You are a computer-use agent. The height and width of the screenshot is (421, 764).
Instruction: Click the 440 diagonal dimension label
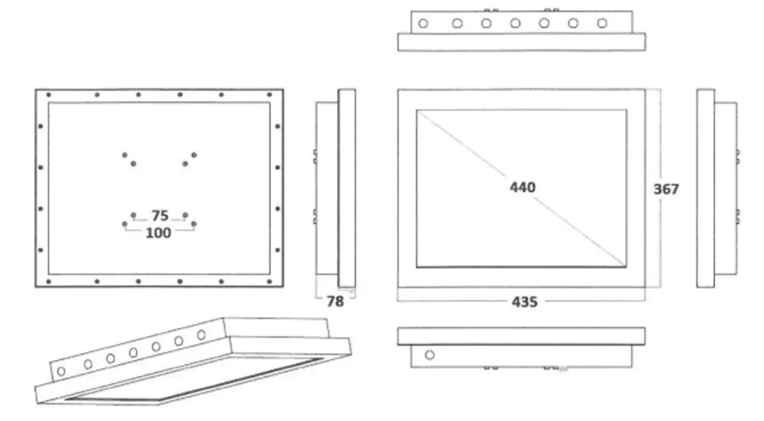(523, 187)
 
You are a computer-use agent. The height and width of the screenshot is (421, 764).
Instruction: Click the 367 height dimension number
(666, 189)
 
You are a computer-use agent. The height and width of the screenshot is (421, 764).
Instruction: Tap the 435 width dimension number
(525, 302)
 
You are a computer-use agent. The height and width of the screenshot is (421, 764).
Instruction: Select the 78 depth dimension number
(336, 301)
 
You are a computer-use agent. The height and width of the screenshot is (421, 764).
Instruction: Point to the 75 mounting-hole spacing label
(160, 216)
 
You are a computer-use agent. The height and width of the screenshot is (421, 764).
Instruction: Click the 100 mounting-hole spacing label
(159, 233)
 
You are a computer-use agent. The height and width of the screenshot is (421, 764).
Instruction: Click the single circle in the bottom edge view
(430, 355)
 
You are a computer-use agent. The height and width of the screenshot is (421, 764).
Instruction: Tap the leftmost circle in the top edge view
(423, 24)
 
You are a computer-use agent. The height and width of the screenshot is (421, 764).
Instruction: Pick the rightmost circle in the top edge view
(602, 23)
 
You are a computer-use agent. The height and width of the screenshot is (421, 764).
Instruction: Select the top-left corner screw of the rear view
(48, 95)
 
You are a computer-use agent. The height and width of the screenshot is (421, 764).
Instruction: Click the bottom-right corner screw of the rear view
(269, 282)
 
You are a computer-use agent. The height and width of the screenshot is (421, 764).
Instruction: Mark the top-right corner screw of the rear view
(269, 94)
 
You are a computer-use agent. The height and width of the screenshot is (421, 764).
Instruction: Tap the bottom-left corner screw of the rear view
(48, 282)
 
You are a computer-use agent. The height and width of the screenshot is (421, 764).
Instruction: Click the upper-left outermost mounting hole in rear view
(125, 155)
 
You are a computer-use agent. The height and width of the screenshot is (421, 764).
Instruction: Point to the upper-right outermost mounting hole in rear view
(194, 155)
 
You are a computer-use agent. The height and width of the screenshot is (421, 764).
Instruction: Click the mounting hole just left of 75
(133, 215)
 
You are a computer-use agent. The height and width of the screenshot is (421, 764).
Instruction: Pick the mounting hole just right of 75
(185, 215)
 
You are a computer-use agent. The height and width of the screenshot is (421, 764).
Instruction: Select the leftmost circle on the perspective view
(61, 371)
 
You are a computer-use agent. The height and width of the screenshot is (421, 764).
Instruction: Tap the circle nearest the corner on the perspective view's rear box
(202, 335)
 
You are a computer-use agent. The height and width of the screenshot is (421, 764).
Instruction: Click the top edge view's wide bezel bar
(521, 42)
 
